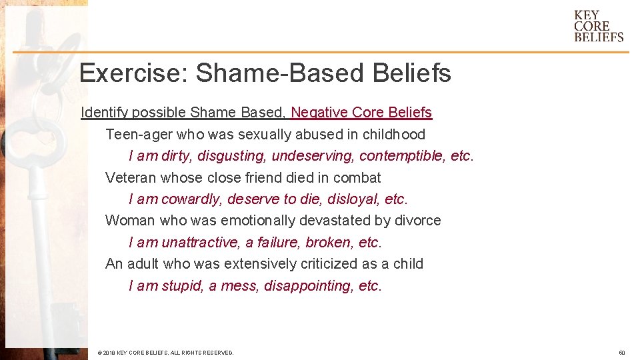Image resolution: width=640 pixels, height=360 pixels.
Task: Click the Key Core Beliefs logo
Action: point(599,27)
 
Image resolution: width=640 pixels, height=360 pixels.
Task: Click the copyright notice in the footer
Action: point(165,353)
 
